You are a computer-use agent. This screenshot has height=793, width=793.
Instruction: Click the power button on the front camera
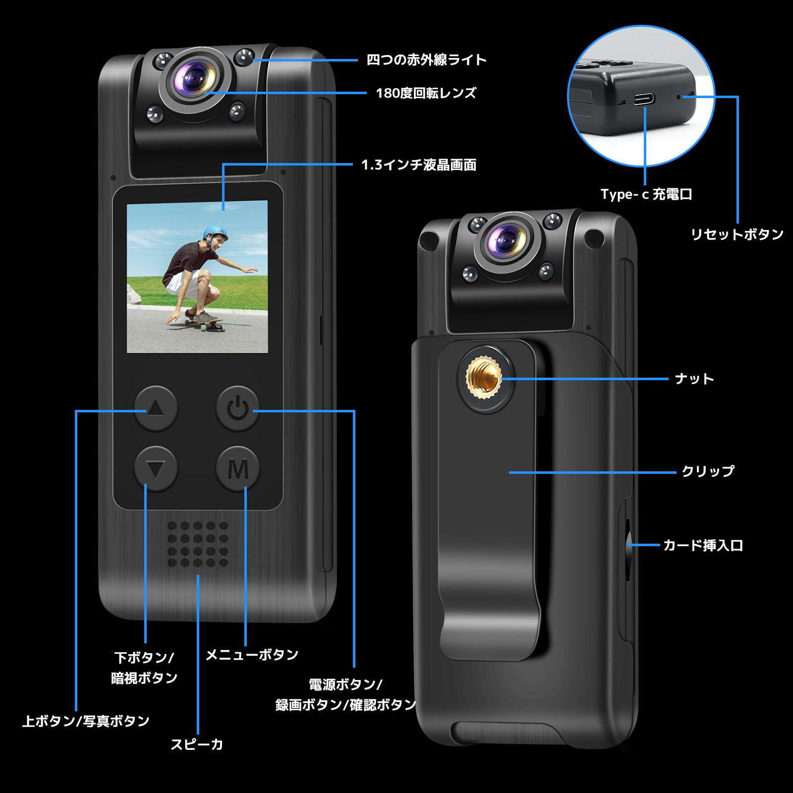(x=237, y=408)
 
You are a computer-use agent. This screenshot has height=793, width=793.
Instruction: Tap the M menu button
(x=238, y=469)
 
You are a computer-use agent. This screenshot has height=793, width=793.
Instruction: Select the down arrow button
(x=156, y=469)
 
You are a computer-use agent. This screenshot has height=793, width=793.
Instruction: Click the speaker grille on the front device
(x=198, y=544)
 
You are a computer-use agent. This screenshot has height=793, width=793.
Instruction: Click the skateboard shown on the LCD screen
(x=204, y=323)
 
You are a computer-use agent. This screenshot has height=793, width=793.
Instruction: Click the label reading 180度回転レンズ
(x=426, y=93)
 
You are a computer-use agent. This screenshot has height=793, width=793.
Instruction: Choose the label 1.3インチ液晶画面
(x=419, y=165)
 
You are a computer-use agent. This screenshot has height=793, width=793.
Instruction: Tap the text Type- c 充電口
(x=646, y=194)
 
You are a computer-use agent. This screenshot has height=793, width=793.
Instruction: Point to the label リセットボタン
(x=737, y=234)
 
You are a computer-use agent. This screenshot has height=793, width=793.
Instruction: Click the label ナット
(x=694, y=379)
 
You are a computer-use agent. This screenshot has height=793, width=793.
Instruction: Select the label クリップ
(x=707, y=471)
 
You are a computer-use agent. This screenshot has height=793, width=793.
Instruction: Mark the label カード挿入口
(x=703, y=546)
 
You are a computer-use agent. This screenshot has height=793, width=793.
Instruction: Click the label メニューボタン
(x=252, y=655)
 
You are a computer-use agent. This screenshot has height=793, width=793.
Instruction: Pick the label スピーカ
(x=197, y=744)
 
